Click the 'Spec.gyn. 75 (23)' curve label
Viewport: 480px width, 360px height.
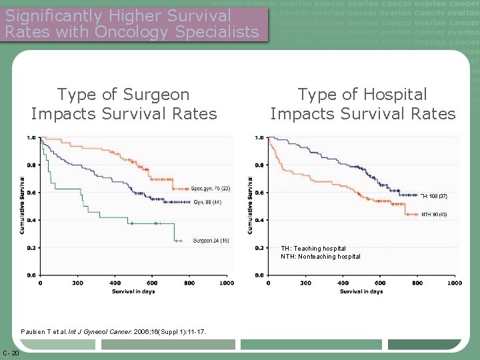point(210,189)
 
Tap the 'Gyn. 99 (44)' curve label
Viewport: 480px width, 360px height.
point(207,202)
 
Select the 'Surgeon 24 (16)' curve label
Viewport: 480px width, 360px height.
point(211,241)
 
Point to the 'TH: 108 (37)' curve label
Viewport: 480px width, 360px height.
point(434,197)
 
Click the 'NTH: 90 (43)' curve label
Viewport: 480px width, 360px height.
point(434,215)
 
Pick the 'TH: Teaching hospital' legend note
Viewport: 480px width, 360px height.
point(313,249)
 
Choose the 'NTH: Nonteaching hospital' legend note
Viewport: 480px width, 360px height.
point(320,257)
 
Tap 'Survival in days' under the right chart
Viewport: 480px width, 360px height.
point(359,291)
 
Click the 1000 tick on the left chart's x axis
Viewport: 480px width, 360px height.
point(227,283)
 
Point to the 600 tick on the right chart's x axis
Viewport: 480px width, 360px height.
point(380,283)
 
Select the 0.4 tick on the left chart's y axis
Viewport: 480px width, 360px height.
point(31,220)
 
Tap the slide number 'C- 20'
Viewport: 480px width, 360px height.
point(11,353)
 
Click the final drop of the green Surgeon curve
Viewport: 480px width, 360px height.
point(175,231)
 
